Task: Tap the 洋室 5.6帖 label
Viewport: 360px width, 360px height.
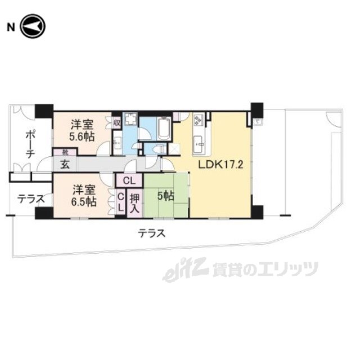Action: point(82,130)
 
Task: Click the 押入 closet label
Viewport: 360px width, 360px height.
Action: point(135,202)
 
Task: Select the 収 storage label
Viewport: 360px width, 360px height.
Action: point(116,121)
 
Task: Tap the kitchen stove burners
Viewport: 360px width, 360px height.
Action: point(198,121)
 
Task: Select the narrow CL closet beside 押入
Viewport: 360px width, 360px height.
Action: point(120,201)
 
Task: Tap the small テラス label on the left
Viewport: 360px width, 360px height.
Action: point(27,198)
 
